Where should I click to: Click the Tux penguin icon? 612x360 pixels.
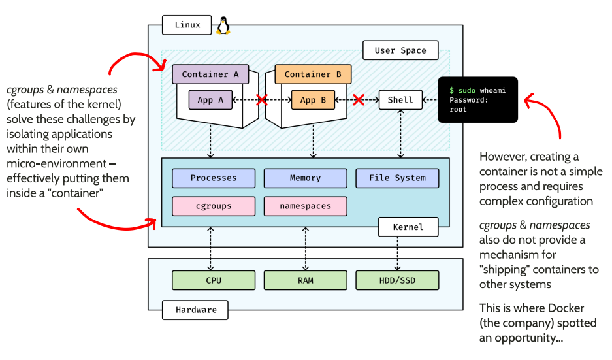(x=224, y=25)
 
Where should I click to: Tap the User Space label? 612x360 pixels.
(x=400, y=50)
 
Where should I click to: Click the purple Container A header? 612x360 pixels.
(x=210, y=74)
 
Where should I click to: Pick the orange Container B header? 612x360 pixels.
(x=313, y=74)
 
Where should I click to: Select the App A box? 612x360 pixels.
(x=210, y=100)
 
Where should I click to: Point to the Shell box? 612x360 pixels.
(x=400, y=100)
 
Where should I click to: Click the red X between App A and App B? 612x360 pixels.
(x=262, y=100)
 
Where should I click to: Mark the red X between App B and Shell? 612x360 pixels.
(x=358, y=100)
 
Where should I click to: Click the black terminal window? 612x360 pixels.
(x=478, y=100)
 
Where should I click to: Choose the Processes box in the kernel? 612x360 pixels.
(x=214, y=178)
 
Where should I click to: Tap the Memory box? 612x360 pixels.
(x=305, y=178)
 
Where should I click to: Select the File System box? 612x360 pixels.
(x=397, y=178)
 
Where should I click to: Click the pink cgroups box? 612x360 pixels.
(x=214, y=206)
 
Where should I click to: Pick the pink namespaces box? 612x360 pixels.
(x=305, y=206)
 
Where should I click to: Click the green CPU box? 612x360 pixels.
(x=214, y=280)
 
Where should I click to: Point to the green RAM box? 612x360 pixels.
(x=305, y=280)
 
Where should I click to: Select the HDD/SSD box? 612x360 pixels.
(x=397, y=280)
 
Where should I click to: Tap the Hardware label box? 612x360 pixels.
(x=195, y=310)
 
